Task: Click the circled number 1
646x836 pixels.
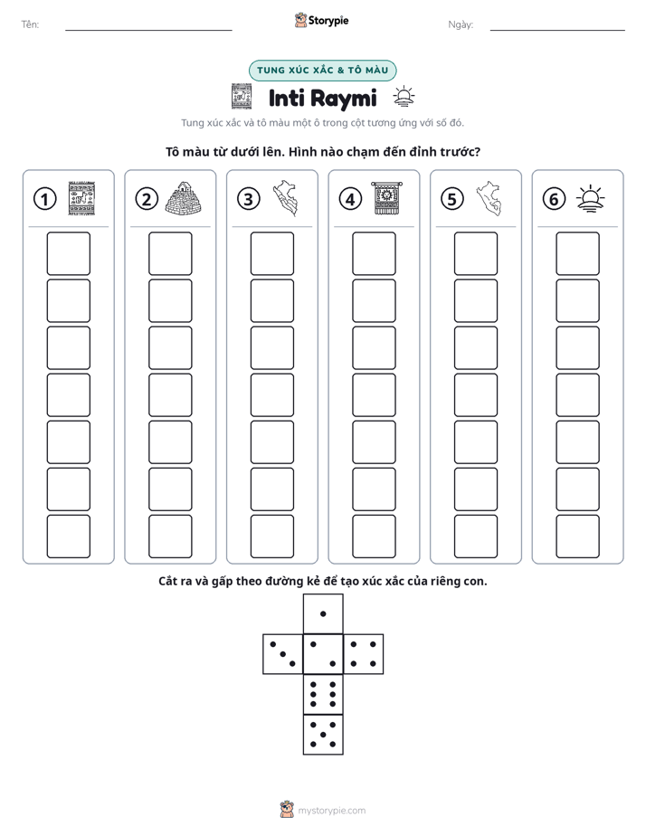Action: point(44,199)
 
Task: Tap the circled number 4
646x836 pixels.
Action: point(350,199)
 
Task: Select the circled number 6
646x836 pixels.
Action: point(554,199)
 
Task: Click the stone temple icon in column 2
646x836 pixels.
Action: point(185,198)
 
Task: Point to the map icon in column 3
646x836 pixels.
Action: point(286,198)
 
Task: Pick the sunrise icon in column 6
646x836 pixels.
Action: point(591,199)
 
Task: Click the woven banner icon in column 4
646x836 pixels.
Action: point(387,198)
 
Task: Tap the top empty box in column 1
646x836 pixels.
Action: point(68,253)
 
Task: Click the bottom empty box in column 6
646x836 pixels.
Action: point(578,537)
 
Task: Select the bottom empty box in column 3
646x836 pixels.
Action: point(271,537)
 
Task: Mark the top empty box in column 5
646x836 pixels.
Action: point(476,253)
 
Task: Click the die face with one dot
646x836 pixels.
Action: point(323,613)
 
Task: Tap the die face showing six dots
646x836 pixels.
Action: point(323,694)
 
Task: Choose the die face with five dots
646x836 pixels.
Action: point(323,735)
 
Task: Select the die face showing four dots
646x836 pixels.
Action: point(364,654)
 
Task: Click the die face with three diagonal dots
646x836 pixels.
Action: point(282,654)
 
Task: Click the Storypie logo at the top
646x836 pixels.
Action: point(321,20)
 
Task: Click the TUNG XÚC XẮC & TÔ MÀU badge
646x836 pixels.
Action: point(322,71)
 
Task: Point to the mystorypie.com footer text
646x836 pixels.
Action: point(331,811)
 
